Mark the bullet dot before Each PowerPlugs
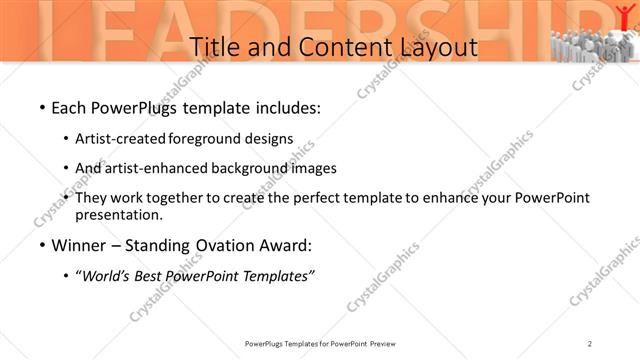click(x=41, y=107)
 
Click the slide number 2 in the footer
click(x=591, y=344)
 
